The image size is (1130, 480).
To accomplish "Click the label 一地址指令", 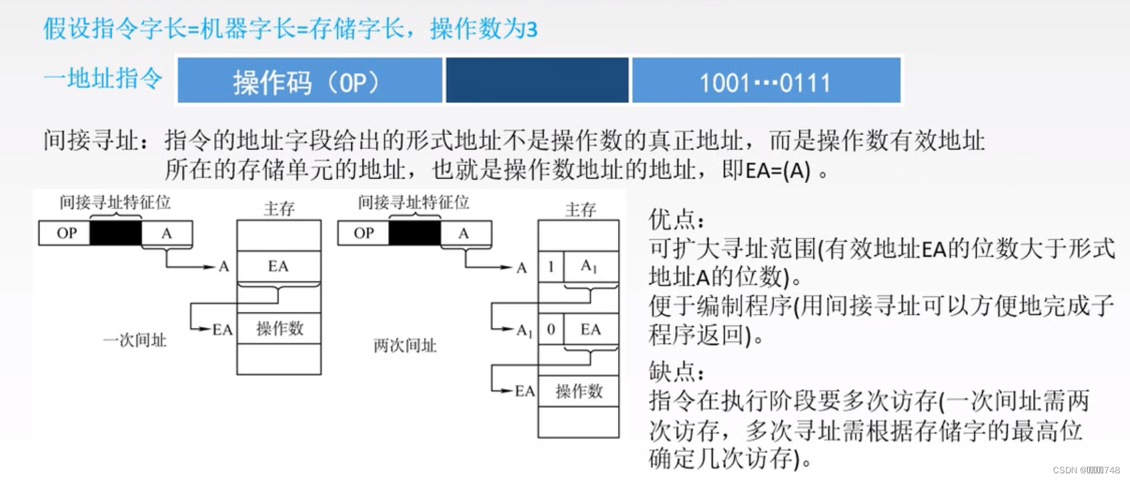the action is (x=103, y=78).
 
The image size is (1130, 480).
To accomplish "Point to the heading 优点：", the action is (x=676, y=219).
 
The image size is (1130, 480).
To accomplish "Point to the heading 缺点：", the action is (x=676, y=371).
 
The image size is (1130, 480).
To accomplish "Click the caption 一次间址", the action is (x=134, y=340).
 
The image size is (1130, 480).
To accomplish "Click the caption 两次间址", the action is (x=405, y=346).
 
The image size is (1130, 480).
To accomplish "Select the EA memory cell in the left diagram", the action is (x=278, y=267).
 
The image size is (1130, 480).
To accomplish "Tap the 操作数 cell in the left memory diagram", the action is (x=279, y=328).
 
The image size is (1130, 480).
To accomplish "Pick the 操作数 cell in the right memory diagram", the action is (x=579, y=391).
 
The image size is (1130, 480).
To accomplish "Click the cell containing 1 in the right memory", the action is (x=551, y=267).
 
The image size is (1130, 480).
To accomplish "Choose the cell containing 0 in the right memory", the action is (x=551, y=330).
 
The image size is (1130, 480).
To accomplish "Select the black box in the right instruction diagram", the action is (x=415, y=233).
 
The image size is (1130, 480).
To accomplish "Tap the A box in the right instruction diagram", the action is (x=464, y=233).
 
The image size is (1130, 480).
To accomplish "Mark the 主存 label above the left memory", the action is (x=279, y=209).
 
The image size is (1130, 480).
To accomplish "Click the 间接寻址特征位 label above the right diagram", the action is (x=413, y=202).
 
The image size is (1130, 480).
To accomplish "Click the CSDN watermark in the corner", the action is (x=1086, y=471).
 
